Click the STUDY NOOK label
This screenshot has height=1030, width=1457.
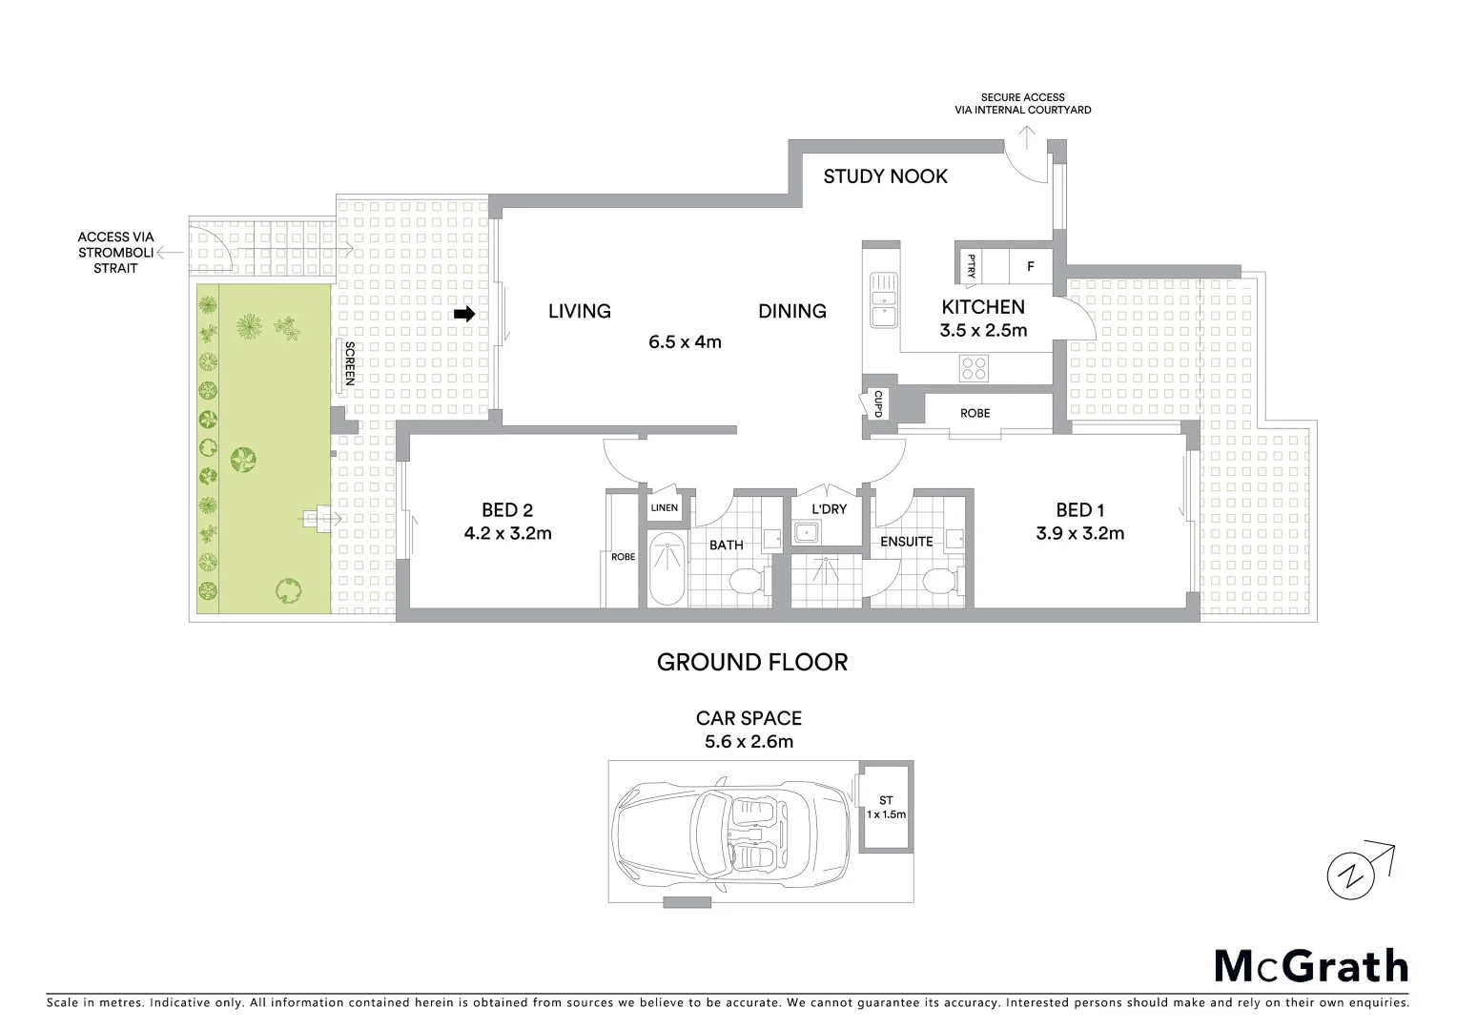885,176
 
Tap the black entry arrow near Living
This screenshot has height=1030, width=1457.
464,314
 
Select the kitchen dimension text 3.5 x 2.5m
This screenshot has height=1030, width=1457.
983,331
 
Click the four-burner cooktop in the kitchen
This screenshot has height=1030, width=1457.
974,367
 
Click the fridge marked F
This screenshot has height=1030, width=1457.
1030,267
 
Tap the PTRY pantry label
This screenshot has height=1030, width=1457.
971,264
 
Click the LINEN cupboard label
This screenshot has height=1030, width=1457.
665,507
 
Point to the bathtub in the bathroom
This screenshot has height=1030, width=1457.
666,569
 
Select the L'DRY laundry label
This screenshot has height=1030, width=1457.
829,509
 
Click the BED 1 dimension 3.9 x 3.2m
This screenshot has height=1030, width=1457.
1079,534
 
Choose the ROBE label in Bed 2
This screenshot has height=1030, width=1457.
623,557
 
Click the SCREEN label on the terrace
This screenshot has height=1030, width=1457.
349,363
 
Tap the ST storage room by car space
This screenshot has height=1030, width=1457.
886,807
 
